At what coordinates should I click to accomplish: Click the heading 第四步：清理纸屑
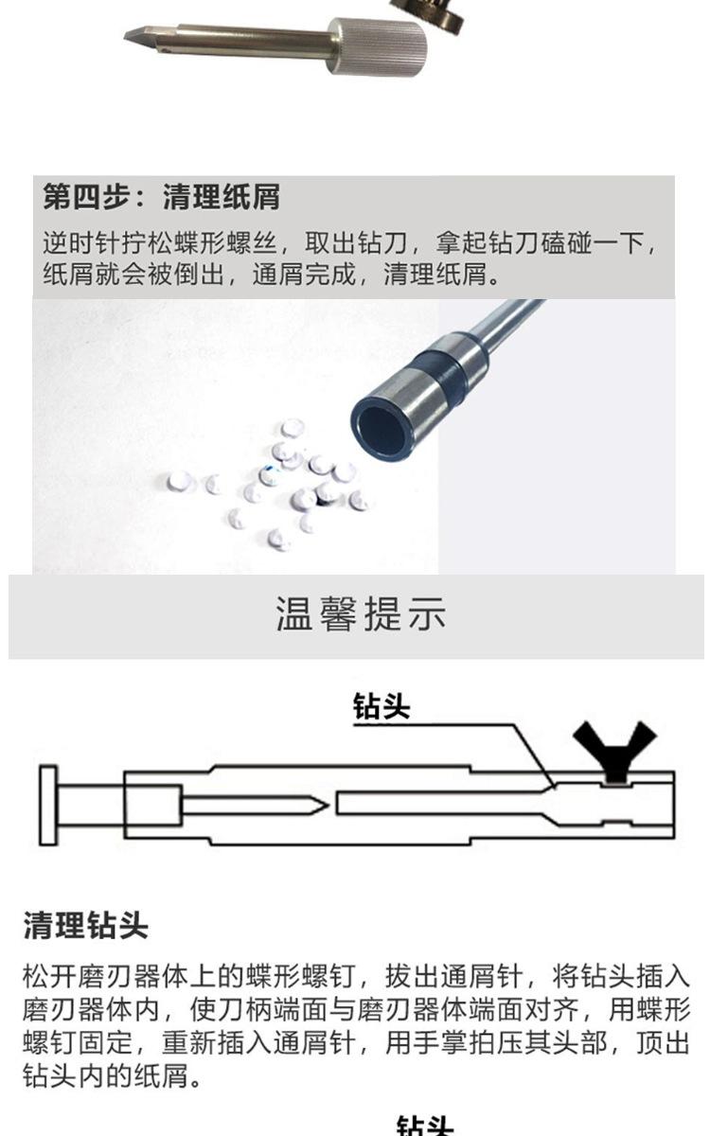coord(161,198)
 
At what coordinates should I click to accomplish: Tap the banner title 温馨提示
coord(360,614)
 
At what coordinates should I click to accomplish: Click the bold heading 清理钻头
coord(85,925)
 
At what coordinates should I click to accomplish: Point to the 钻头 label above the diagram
coord(382,705)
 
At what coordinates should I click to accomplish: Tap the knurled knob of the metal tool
coord(376,45)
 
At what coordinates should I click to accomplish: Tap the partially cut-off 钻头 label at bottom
coord(424,1127)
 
